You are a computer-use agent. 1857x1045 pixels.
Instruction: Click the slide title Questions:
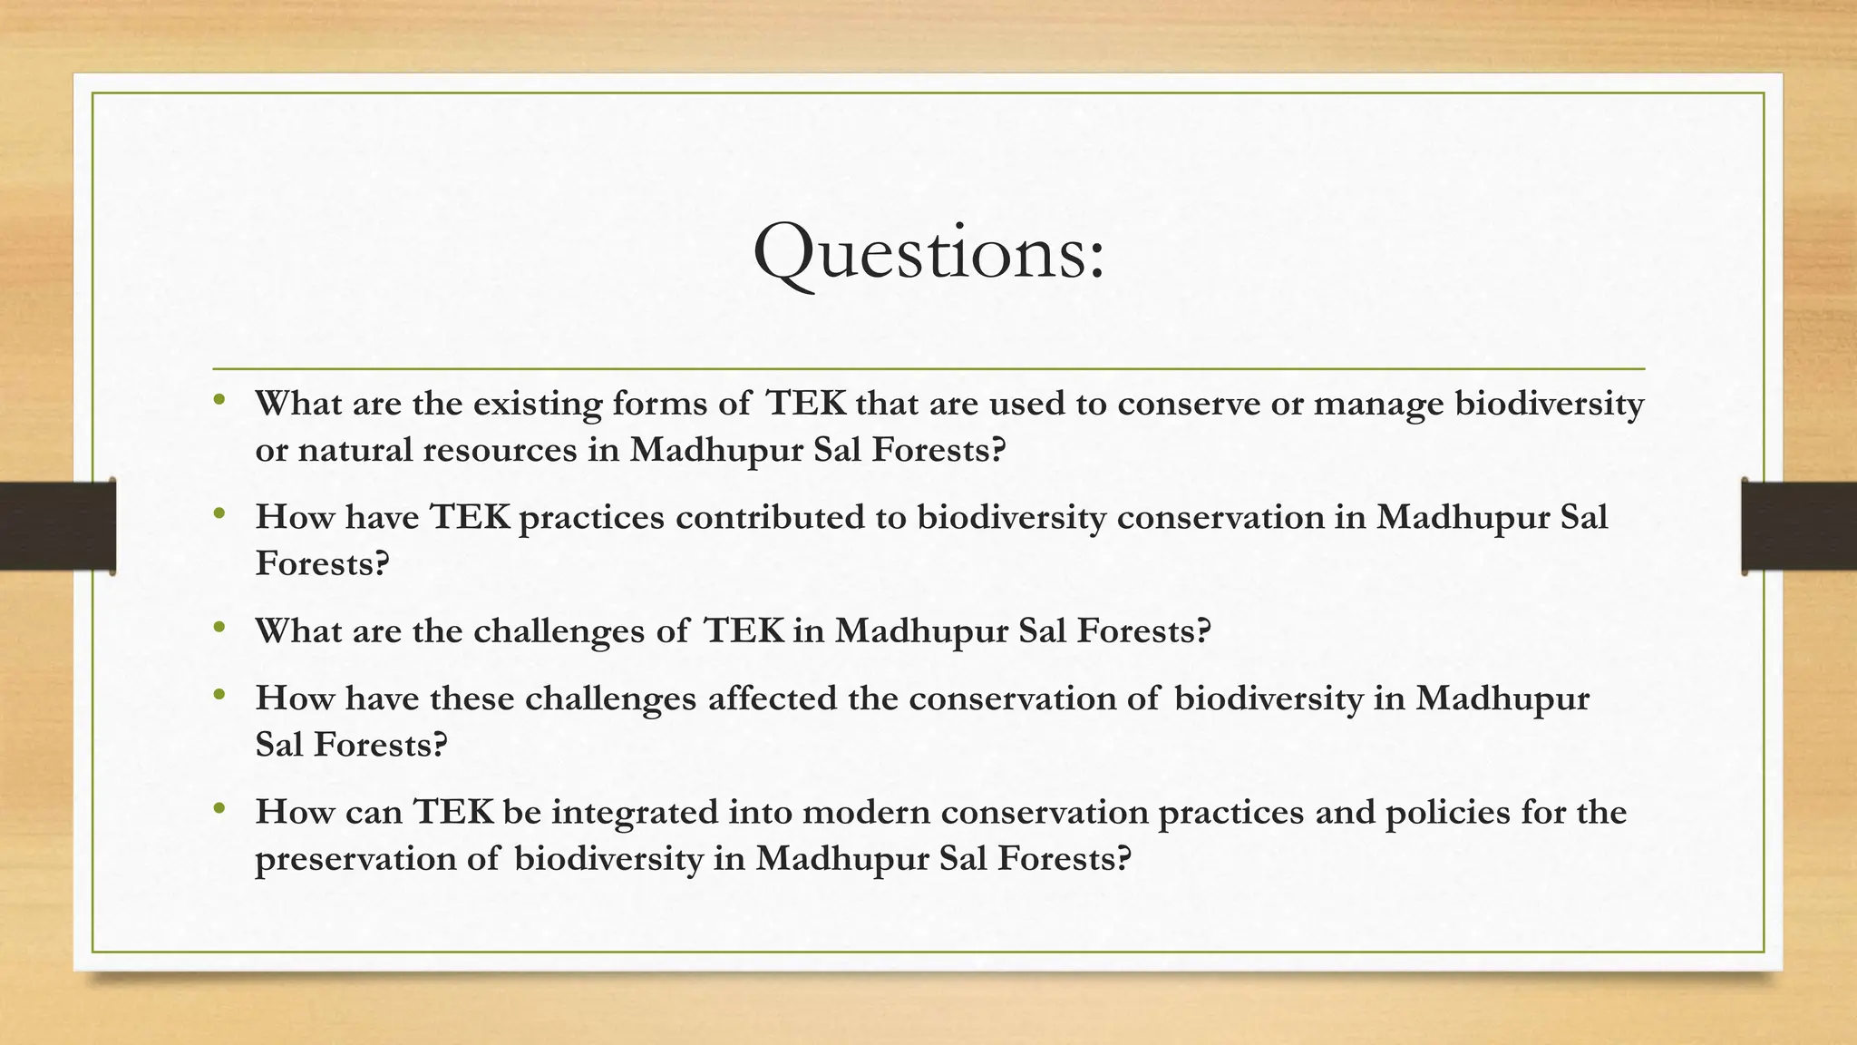pos(928,253)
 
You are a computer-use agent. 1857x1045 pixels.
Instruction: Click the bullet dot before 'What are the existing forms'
pos(219,398)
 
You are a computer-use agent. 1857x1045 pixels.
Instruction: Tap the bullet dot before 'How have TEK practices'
pos(219,513)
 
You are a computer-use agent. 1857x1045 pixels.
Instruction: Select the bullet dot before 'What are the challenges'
pos(219,626)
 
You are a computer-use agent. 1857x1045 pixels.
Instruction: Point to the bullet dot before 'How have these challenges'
pos(219,694)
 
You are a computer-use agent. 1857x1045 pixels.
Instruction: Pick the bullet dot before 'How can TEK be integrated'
pos(219,807)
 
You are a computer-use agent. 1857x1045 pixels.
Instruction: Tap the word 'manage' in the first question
pos(1378,404)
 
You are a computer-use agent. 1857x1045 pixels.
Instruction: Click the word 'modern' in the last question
pos(866,812)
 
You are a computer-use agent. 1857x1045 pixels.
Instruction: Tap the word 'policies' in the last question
pos(1447,812)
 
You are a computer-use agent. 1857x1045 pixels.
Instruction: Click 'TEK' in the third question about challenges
pos(744,630)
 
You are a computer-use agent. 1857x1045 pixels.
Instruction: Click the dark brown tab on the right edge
pos(1799,526)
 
